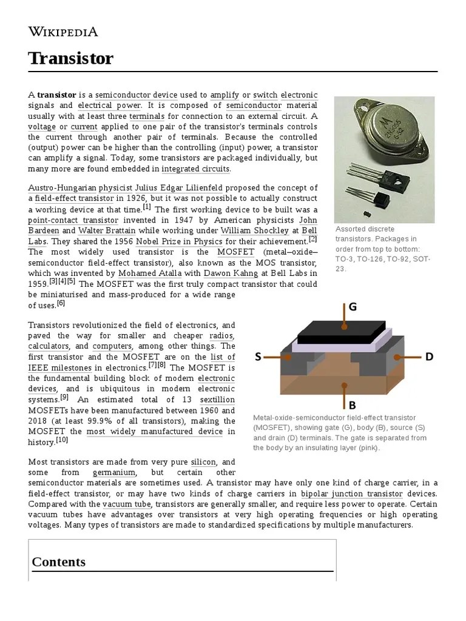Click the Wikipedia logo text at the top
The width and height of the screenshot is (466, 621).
63,32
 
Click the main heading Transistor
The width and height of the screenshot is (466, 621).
70,59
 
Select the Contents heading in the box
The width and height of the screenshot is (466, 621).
58,562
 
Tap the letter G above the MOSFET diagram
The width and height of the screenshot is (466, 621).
352,307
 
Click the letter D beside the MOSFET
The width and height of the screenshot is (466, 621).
429,357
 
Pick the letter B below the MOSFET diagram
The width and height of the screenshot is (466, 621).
351,405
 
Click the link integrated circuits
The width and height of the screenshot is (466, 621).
195,169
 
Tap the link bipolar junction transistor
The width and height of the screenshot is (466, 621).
351,494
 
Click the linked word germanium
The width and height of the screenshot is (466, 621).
114,472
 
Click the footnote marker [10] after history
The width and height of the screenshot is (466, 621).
62,440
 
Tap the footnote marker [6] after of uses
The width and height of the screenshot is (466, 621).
61,303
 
